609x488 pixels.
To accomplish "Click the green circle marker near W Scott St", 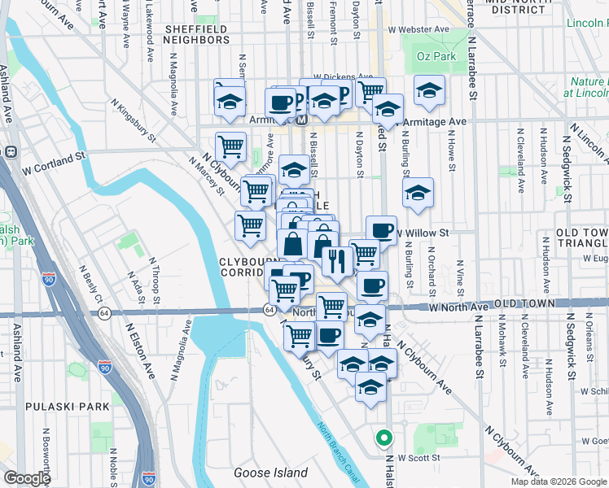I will (383, 438).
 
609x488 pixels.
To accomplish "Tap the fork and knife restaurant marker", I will (335, 261).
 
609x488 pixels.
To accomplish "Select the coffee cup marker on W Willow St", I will (380, 229).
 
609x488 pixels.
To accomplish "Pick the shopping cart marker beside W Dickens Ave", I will (370, 90).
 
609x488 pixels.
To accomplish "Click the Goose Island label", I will (270, 473).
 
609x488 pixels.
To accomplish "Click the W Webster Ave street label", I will (418, 29).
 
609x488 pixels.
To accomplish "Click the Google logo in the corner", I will (27, 478).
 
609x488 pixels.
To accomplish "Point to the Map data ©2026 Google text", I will (559, 481).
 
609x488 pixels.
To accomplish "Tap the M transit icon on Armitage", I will (300, 120).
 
